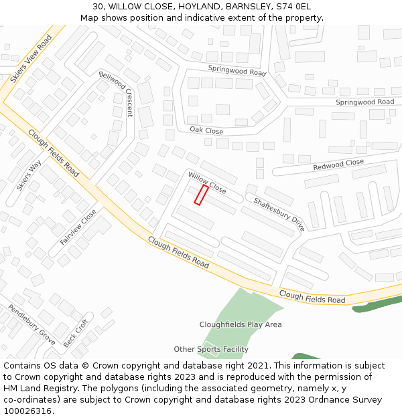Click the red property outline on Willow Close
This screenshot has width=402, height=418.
click(x=201, y=195)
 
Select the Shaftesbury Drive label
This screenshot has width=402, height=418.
click(x=279, y=214)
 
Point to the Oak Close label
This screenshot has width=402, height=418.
click(x=206, y=130)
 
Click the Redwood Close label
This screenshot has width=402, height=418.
click(x=338, y=165)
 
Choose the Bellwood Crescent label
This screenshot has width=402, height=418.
click(x=116, y=93)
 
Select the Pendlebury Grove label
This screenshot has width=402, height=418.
click(x=31, y=324)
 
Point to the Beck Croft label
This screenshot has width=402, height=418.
click(x=76, y=332)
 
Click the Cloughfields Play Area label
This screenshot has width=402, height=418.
click(x=241, y=325)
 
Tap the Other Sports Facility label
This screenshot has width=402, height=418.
click(x=211, y=349)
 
